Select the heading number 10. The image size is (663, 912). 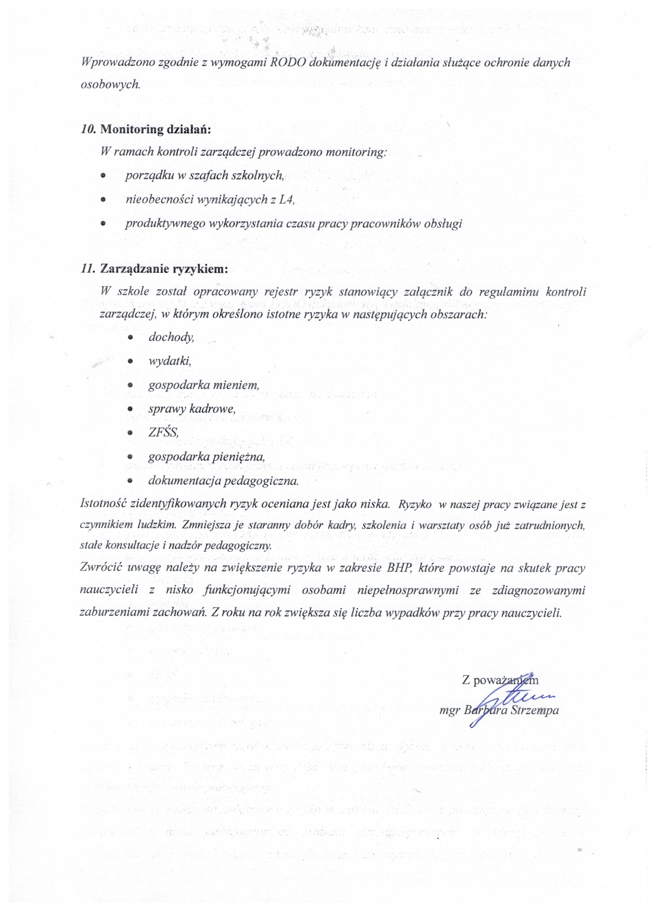pyautogui.click(x=88, y=130)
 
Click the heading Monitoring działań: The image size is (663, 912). pyautogui.click(x=155, y=130)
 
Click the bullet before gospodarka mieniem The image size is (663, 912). pyautogui.click(x=130, y=385)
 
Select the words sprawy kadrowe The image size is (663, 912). pyautogui.click(x=191, y=409)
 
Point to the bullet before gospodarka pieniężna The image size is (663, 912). pyautogui.click(x=130, y=457)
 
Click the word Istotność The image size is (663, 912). pyautogui.click(x=103, y=504)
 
